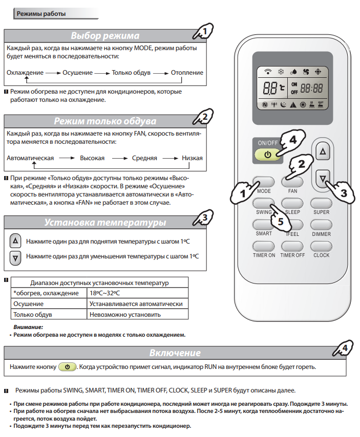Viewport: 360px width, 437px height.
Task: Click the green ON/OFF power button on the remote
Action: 268,154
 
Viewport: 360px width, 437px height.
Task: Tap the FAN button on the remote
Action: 292,181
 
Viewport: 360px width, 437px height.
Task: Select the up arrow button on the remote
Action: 322,152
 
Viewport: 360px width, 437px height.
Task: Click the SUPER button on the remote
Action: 322,203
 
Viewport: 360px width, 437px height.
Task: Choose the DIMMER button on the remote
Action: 322,224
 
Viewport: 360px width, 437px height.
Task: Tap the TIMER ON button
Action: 264,246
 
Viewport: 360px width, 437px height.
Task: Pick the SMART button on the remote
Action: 264,224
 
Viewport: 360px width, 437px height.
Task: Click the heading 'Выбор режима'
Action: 105,36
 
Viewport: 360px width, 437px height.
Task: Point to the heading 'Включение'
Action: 175,353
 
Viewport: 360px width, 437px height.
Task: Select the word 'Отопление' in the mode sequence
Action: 187,73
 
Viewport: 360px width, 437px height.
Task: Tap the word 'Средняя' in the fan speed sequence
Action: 144,158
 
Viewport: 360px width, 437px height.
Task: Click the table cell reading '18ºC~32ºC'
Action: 104,293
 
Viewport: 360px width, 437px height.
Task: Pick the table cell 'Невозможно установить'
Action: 125,315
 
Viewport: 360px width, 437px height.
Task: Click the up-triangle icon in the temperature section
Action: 16,241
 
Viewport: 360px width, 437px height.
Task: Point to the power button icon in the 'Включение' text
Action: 67,367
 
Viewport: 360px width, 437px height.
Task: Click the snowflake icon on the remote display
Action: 281,72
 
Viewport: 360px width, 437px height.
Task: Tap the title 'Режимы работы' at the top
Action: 41,13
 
